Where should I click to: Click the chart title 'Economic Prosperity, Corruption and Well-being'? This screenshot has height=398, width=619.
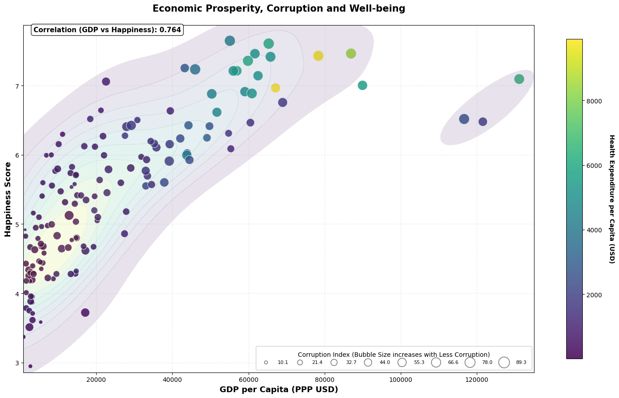279,9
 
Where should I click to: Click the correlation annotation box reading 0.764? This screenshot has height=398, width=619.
107,30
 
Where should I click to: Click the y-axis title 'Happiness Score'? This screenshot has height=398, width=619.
8,199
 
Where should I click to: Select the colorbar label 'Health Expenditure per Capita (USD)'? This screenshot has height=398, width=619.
611,199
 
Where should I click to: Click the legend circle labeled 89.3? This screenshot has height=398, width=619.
504,362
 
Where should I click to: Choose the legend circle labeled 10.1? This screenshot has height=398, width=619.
266,362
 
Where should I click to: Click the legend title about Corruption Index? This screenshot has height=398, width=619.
394,355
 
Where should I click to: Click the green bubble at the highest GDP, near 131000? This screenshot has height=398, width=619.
519,79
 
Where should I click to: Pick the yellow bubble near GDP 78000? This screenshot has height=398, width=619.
318,56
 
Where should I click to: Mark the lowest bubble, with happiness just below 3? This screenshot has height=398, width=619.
30,366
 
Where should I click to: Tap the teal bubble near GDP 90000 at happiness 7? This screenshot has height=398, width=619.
363,86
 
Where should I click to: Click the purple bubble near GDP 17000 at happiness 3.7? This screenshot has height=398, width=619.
85,312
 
